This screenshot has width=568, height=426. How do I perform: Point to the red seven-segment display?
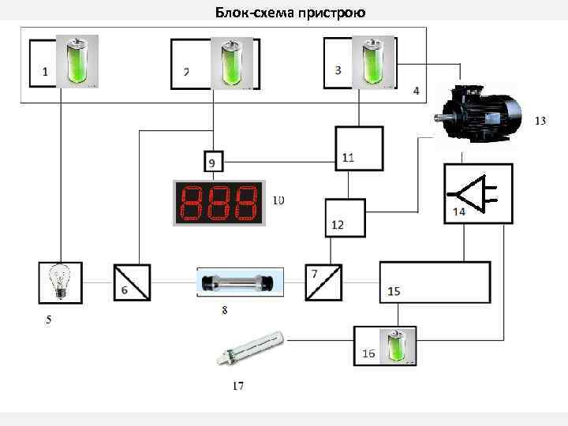coord(218,204)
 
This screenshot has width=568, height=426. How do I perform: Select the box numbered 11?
coord(358,148)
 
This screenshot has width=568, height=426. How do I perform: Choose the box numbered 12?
coord(346,217)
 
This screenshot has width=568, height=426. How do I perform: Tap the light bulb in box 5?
coord(61,282)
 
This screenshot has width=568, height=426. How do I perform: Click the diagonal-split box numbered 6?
coord(132,282)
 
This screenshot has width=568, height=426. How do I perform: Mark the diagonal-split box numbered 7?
coord(324,282)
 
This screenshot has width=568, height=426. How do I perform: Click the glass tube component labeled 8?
coord(237,282)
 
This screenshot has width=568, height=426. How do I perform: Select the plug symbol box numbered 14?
coord(478,193)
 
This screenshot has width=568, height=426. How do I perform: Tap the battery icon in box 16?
coord(394,346)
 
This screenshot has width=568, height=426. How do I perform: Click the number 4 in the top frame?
coord(416,90)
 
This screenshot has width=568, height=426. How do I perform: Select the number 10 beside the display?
coord(278,200)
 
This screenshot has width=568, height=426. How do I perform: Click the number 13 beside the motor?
coord(540,121)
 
